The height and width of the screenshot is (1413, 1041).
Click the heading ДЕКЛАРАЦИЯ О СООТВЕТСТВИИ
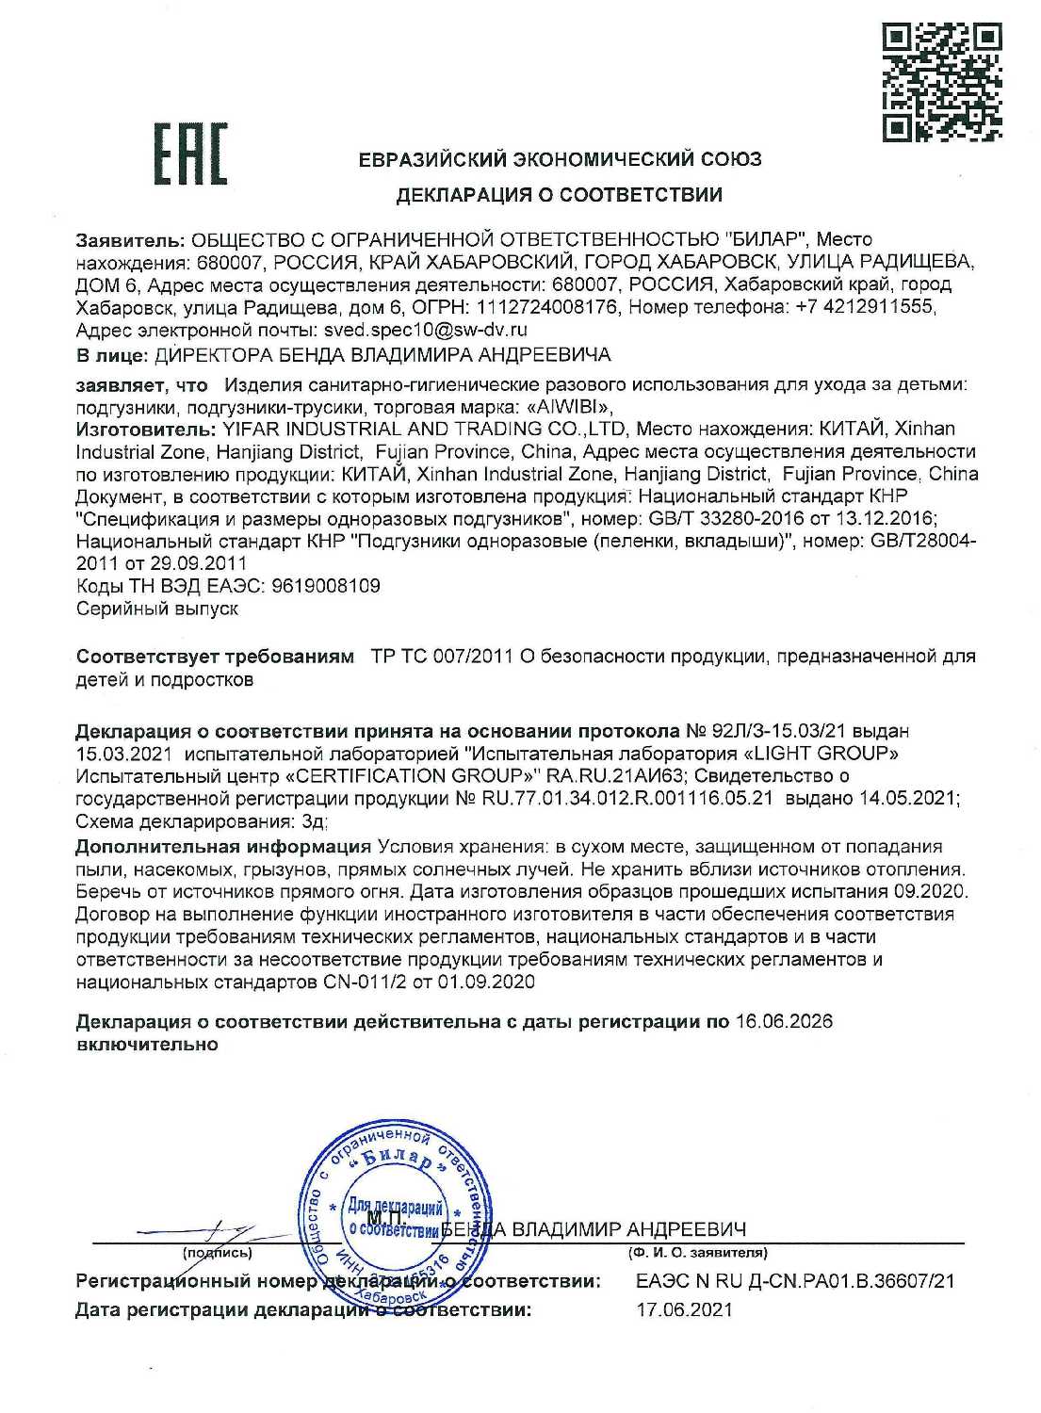click(560, 196)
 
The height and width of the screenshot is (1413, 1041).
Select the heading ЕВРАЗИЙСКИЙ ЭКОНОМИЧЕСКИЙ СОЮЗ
click(560, 159)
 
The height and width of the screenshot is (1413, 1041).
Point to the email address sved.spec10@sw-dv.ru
click(425, 330)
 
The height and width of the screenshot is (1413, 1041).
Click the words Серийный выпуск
click(156, 609)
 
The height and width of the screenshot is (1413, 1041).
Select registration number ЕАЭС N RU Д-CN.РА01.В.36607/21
click(796, 1281)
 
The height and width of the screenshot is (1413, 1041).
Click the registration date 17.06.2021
click(684, 1309)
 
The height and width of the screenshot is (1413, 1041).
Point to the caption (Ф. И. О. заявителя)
click(697, 1254)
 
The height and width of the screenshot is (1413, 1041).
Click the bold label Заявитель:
click(130, 239)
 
